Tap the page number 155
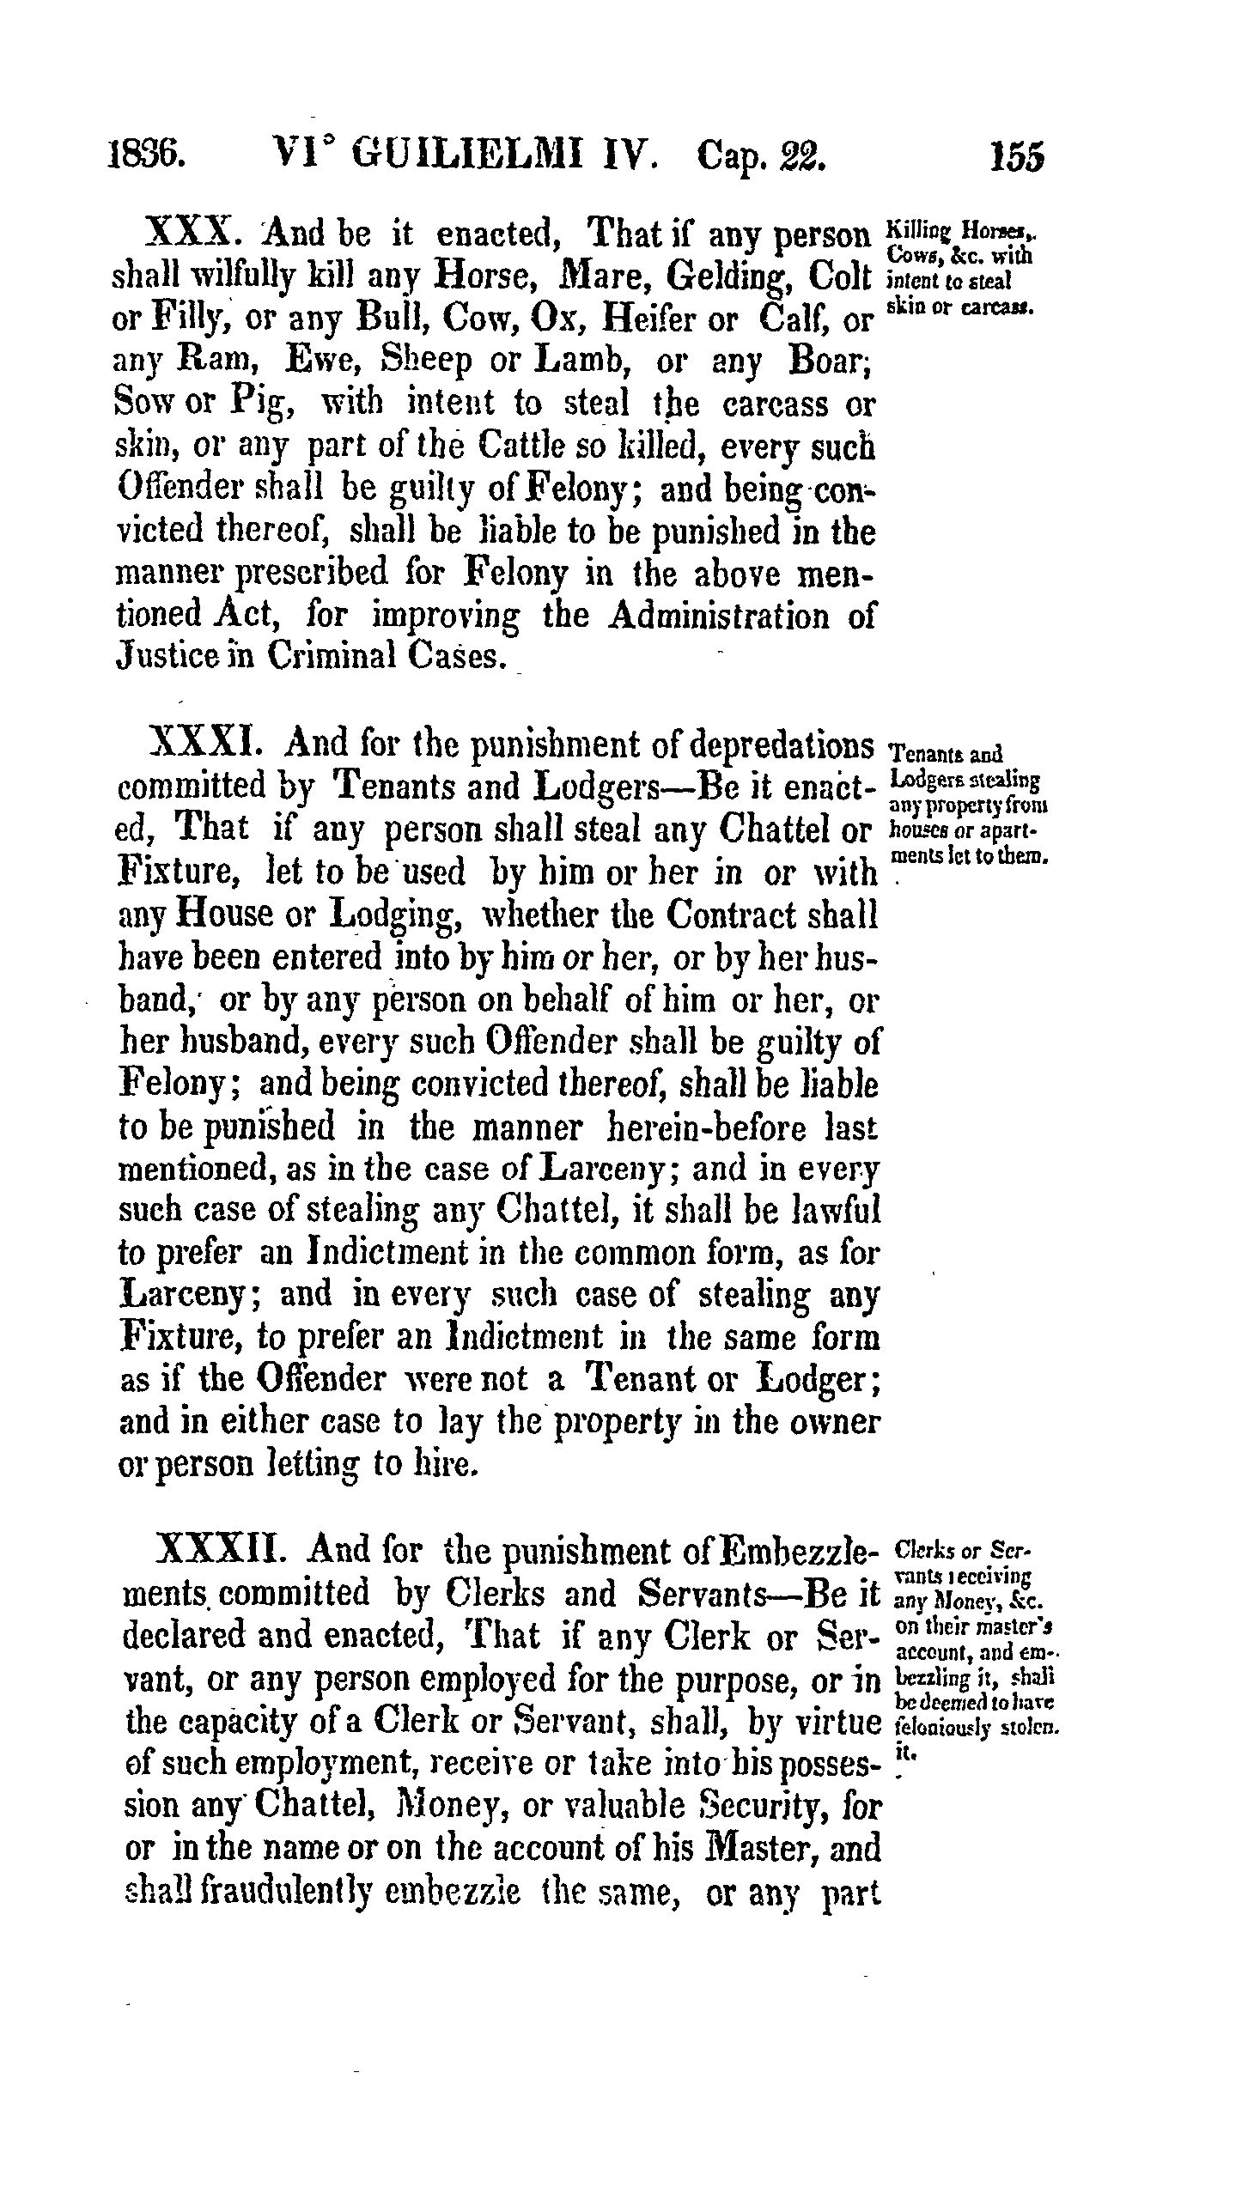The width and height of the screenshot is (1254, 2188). pyautogui.click(x=1017, y=160)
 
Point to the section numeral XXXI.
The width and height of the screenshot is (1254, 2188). pyautogui.click(x=204, y=742)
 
